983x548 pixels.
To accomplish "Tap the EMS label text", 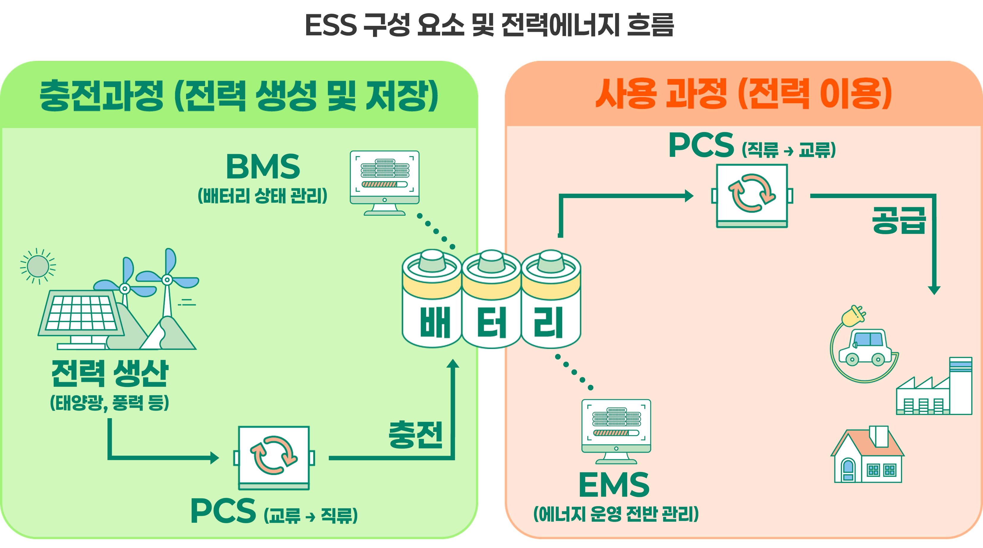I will (x=614, y=485).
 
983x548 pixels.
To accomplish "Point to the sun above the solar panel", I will (x=38, y=266).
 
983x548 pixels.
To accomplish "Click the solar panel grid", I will (x=81, y=313).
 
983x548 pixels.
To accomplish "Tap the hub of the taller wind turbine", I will (x=167, y=280).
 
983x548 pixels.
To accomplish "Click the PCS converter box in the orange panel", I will (x=752, y=195).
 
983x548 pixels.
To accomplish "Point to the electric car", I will (x=865, y=348).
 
